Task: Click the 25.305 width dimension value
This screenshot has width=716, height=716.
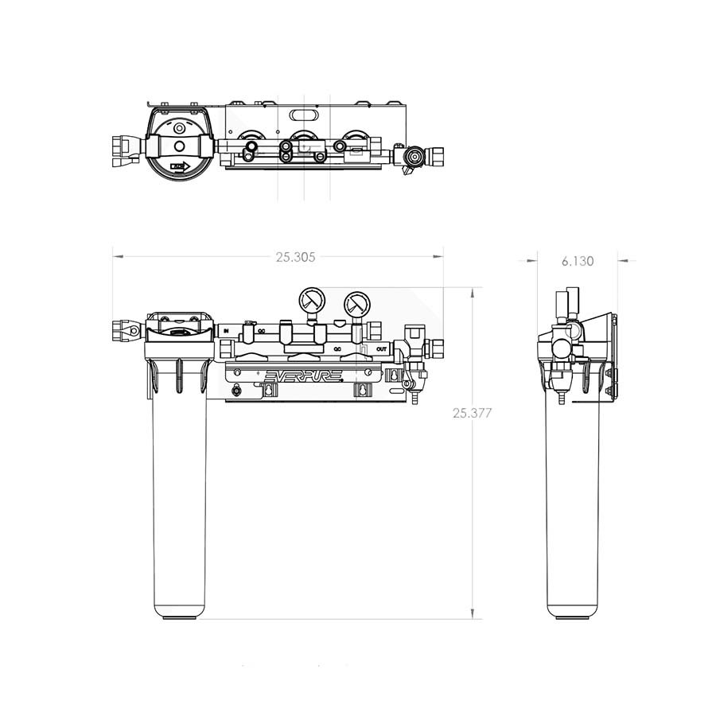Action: [x=296, y=257]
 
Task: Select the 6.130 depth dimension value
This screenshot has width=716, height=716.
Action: [x=577, y=260]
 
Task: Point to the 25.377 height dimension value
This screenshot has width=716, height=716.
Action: [x=473, y=413]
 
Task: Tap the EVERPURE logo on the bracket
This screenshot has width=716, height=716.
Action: [x=302, y=374]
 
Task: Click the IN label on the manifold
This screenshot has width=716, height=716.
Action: [x=226, y=329]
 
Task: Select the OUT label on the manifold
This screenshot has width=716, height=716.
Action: [x=382, y=348]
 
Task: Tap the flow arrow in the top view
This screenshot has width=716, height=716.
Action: [x=178, y=167]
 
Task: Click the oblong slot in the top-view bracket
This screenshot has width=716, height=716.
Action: [x=303, y=115]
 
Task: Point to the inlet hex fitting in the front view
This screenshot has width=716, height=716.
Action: [x=126, y=329]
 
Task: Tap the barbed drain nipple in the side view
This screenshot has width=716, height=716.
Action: [x=562, y=397]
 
